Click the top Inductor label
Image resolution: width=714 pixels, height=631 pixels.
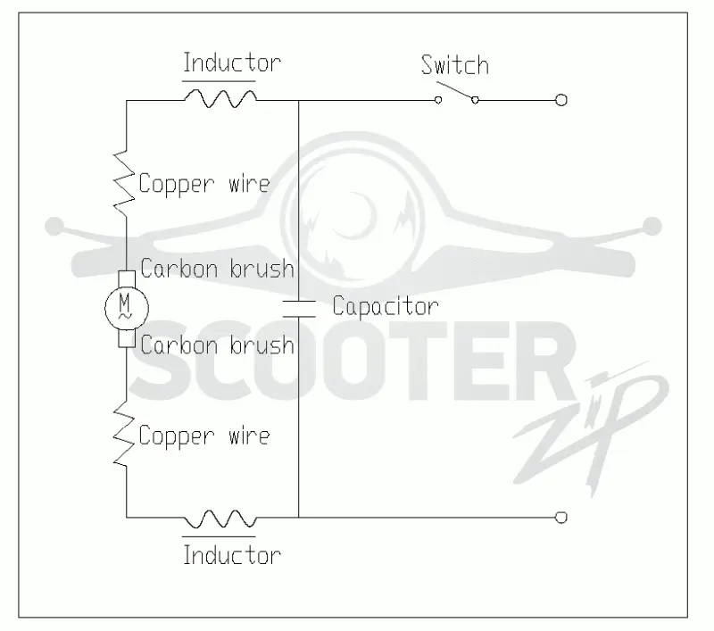(232, 62)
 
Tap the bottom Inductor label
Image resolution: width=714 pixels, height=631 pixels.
(232, 555)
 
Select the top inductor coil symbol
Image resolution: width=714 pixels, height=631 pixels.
(220, 98)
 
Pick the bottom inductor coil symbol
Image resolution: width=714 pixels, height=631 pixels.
(220, 519)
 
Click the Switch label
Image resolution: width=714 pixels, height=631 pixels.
(455, 65)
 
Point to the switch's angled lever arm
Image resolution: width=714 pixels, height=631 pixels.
(456, 91)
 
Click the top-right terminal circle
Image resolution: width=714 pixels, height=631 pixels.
(561, 100)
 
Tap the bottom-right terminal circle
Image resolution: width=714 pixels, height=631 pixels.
(561, 517)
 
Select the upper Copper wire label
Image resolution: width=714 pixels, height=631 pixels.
(204, 185)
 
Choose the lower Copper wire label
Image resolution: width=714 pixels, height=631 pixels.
(204, 436)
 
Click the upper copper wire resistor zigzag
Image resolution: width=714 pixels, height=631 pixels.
(124, 183)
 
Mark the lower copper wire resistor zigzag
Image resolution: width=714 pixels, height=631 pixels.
(124, 434)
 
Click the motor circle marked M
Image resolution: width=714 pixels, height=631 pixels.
(127, 309)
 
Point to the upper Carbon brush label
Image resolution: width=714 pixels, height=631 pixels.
(217, 269)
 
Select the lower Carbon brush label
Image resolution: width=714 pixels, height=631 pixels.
(217, 345)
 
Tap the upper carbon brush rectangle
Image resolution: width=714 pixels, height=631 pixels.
(127, 279)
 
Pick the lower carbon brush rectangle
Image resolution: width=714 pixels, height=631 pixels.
(127, 339)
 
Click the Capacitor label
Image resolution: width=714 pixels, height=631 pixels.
(386, 306)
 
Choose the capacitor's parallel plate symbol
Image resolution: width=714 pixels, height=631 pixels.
(299, 309)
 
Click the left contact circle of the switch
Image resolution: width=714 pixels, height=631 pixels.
(438, 100)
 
